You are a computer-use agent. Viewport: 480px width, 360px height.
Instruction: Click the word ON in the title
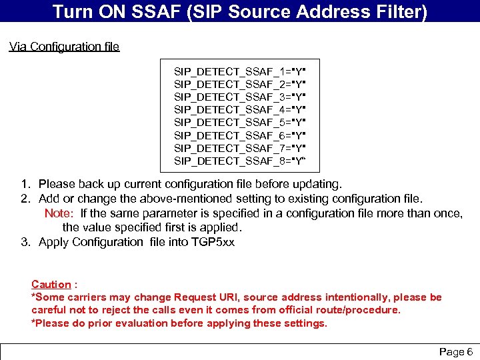pos(101,11)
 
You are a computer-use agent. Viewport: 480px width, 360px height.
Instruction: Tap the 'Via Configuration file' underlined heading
pos(64,47)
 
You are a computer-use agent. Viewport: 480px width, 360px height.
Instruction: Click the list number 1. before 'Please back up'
pos(25,183)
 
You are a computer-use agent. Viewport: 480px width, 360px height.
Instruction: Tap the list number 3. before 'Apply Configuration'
pos(25,242)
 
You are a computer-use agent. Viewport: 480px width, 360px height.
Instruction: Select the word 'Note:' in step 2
pos(59,213)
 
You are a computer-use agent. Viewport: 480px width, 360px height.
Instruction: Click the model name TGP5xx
pos(213,242)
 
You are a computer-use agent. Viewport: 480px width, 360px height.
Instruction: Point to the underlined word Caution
pos(51,285)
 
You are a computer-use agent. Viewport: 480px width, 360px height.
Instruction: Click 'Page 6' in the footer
pos(455,351)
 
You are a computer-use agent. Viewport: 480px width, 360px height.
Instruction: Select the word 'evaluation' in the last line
pos(136,323)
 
